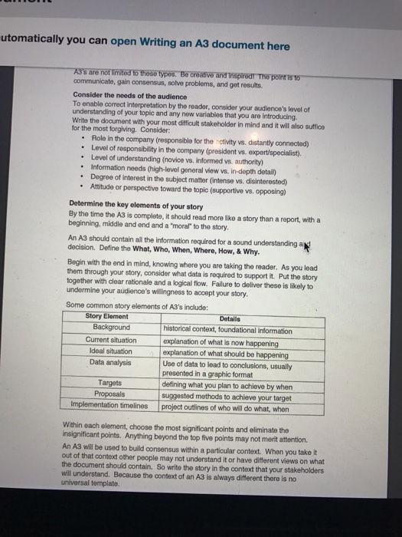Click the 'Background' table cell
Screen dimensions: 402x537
click(x=112, y=328)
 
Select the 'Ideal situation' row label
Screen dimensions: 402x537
click(x=112, y=351)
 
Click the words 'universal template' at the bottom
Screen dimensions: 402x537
click(x=93, y=483)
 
